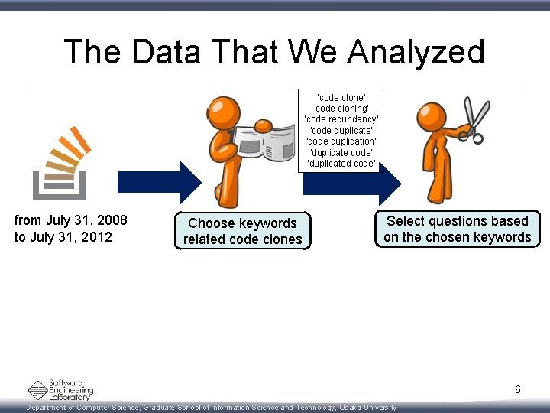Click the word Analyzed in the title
(416, 53)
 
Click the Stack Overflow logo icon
(60, 163)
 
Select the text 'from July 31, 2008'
(71, 220)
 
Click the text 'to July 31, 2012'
(63, 237)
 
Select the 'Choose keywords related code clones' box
(242, 231)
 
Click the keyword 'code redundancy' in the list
(341, 119)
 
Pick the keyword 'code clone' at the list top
(341, 97)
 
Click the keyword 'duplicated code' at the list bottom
(341, 164)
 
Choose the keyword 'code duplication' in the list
(341, 141)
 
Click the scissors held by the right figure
(475, 122)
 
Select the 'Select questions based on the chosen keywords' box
(457, 229)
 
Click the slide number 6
(517, 390)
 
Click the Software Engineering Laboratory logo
(61, 390)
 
